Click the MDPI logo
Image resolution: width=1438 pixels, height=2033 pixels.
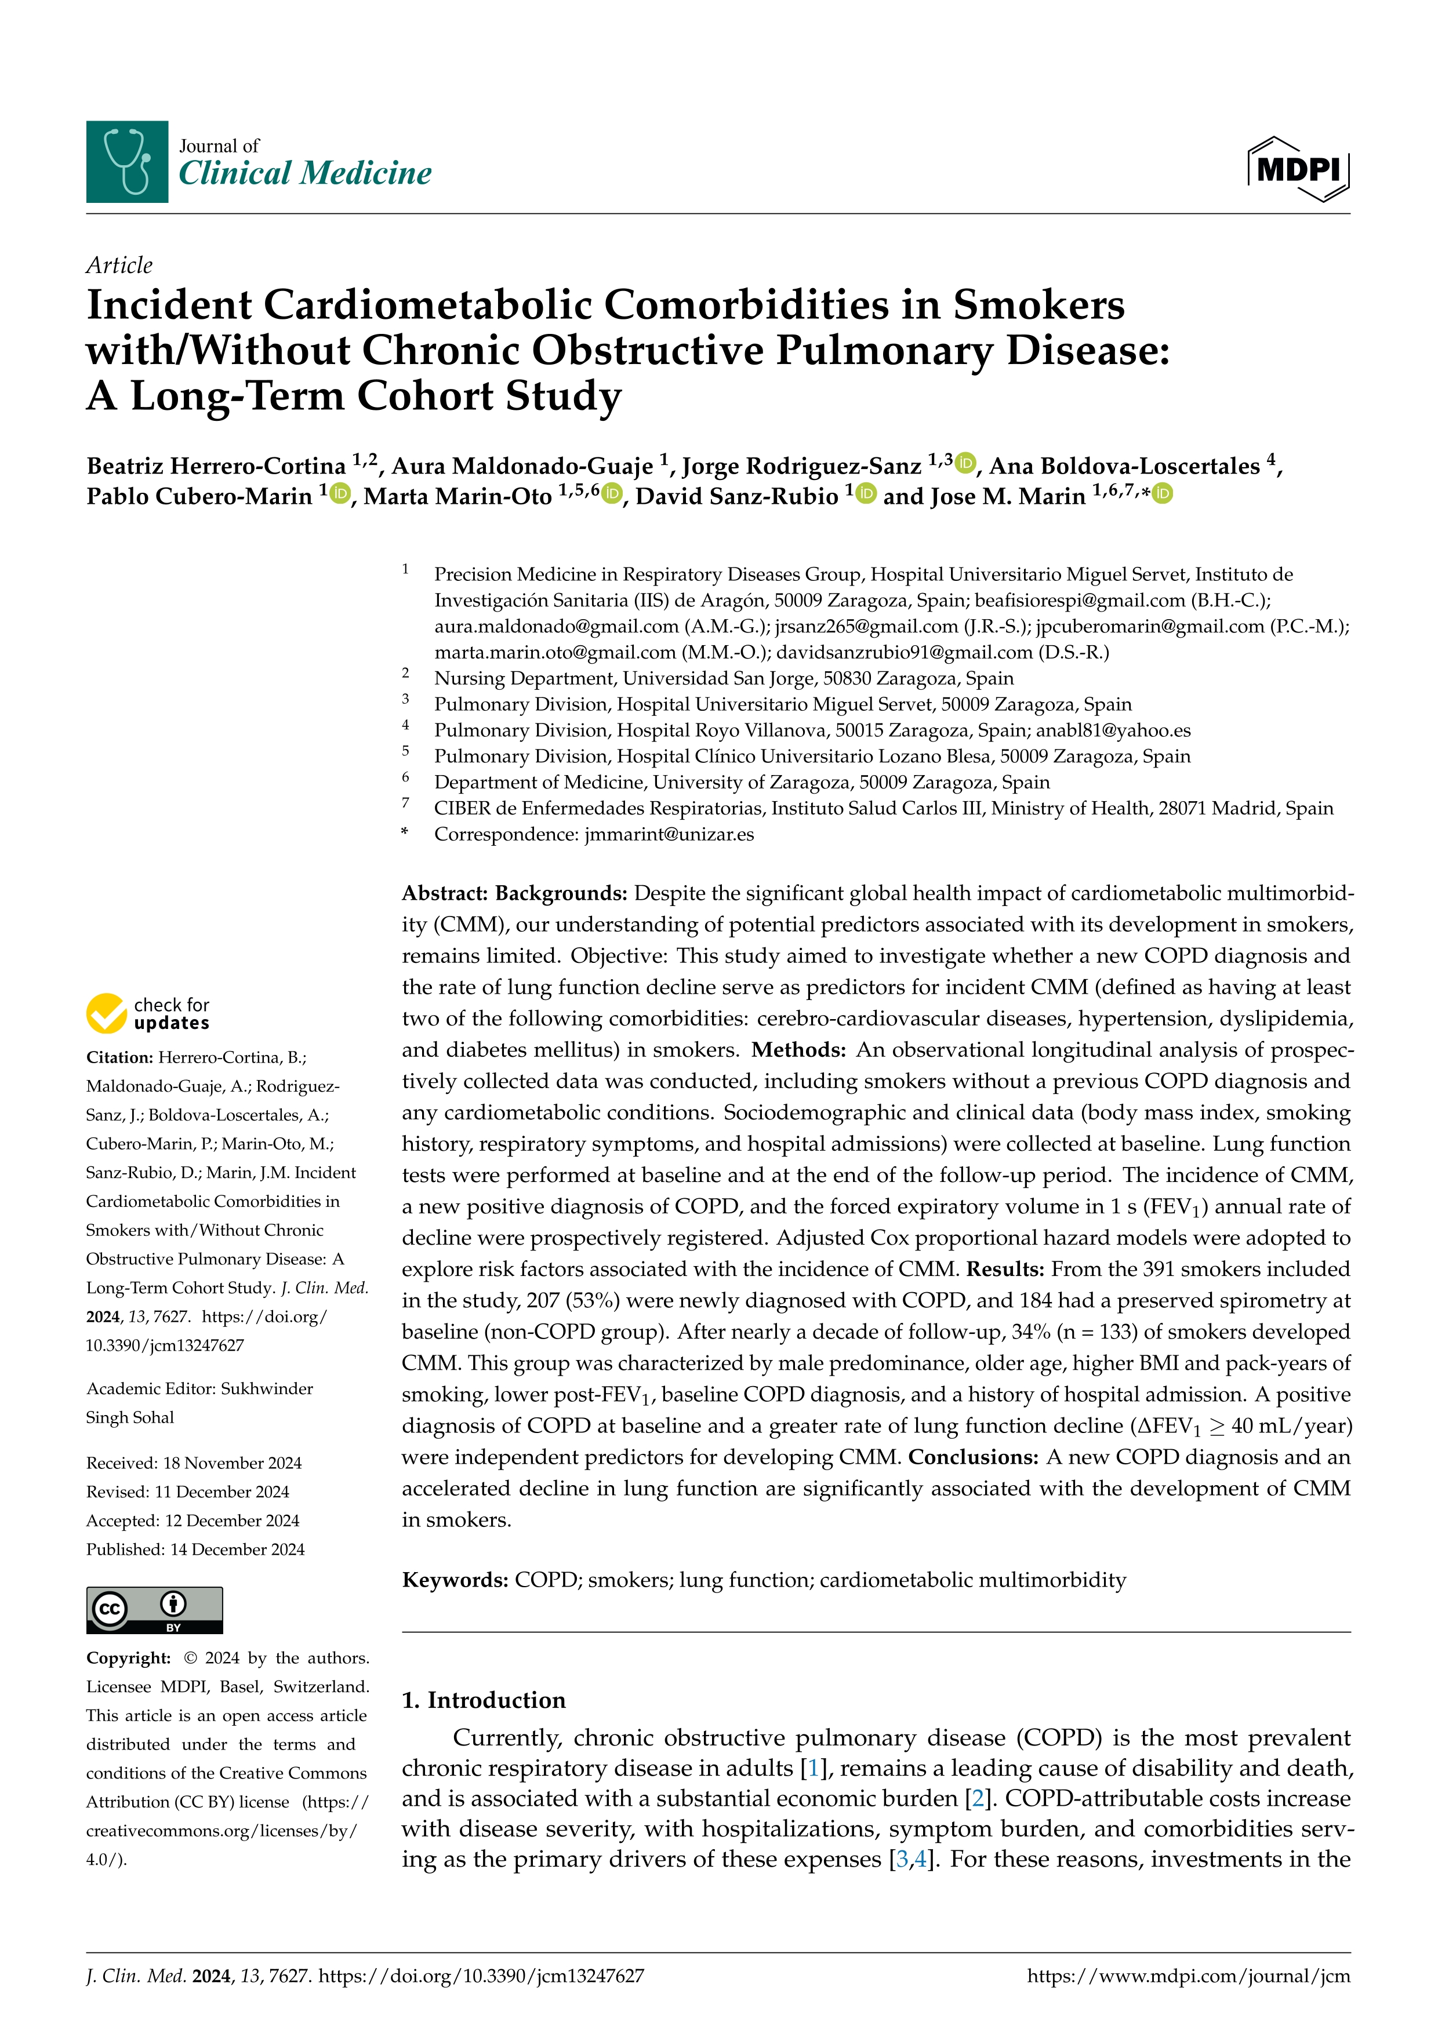point(1298,168)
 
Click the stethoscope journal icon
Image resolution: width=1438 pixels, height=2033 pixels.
point(126,162)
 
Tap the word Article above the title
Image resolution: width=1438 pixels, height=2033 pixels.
point(119,265)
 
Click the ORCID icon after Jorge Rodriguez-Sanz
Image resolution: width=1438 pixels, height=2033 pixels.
point(965,462)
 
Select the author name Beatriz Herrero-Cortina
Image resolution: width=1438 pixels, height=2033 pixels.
point(216,465)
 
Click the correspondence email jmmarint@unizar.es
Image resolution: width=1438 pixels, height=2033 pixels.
point(669,834)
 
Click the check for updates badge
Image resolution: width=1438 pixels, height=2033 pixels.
point(148,1013)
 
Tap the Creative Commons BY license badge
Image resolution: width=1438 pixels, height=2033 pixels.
point(154,1610)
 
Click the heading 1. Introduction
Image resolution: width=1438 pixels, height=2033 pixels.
point(484,1700)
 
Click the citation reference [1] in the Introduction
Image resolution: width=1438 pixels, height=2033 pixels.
point(814,1768)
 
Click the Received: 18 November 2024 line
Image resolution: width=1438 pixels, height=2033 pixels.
point(194,1463)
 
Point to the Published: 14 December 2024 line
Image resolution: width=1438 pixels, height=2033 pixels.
point(195,1550)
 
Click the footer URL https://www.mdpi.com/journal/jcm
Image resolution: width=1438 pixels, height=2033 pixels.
point(1188,1976)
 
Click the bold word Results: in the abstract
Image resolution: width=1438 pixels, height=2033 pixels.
point(1005,1269)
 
